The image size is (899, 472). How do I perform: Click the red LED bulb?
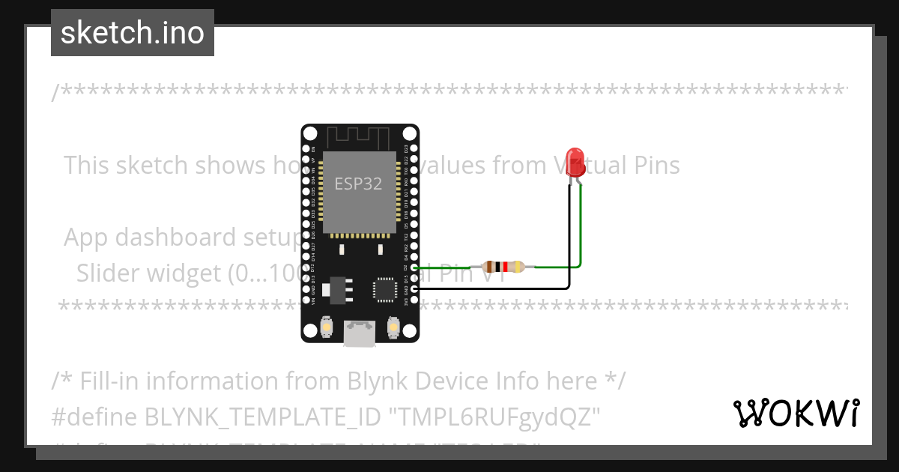click(575, 161)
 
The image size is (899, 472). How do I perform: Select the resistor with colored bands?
click(504, 267)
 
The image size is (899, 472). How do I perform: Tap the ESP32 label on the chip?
click(358, 184)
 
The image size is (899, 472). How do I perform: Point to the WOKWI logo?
click(796, 413)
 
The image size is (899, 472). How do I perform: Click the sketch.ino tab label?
click(133, 33)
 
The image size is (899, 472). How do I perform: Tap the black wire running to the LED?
click(569, 247)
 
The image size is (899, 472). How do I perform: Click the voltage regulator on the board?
click(335, 290)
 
